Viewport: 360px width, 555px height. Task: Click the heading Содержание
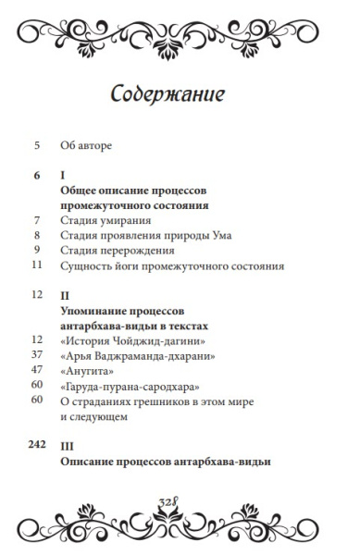coord(180,95)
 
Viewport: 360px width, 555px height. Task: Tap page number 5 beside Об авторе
coord(37,144)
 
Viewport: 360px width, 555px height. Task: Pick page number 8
coord(37,235)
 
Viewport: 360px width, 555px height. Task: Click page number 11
coord(37,265)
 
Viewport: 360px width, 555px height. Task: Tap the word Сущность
coord(89,265)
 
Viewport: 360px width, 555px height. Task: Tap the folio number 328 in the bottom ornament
coord(180,500)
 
